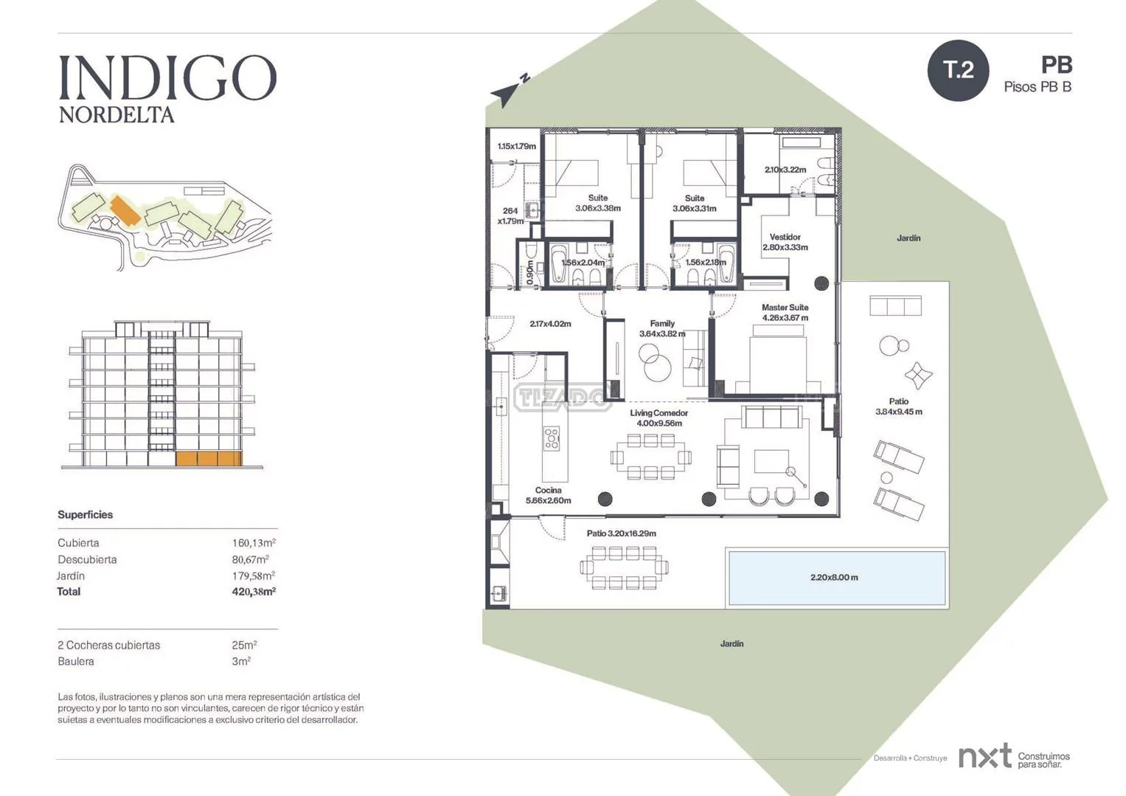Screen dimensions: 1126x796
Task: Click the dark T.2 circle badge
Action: (958, 70)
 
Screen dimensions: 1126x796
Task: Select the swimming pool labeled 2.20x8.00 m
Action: (837, 577)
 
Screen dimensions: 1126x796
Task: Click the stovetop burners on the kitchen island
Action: (552, 437)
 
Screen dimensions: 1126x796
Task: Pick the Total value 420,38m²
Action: (254, 592)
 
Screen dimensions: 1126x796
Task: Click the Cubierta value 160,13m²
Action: (254, 542)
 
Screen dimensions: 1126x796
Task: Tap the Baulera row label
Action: (76, 661)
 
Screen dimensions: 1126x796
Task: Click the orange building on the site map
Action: (125, 210)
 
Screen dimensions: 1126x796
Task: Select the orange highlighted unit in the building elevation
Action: (209, 459)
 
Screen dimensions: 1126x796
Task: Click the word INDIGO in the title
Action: (168, 77)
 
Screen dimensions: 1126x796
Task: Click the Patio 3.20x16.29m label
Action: (622, 533)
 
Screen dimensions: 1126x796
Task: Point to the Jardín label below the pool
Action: (731, 643)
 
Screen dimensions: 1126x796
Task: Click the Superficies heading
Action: (85, 514)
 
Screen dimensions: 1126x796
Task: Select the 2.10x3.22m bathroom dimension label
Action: (785, 170)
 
